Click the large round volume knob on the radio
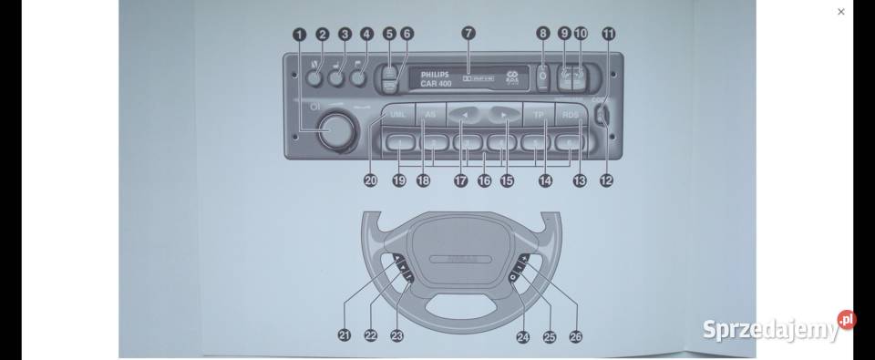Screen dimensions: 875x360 click(335, 130)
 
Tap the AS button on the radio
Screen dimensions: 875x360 click(431, 115)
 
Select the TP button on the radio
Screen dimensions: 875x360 click(539, 115)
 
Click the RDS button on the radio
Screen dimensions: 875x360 click(571, 115)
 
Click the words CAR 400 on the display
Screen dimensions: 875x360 click(436, 84)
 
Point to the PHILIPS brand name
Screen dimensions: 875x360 click(436, 74)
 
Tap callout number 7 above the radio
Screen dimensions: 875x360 click(468, 34)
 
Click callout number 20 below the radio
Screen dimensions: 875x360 click(371, 180)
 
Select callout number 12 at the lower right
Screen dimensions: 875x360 click(606, 180)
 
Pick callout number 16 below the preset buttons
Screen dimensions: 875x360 click(484, 180)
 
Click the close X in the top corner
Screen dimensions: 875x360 click(840, 12)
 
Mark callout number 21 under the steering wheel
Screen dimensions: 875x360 click(345, 336)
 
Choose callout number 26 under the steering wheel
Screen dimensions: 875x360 click(575, 336)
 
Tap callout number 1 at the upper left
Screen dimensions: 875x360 click(299, 34)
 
